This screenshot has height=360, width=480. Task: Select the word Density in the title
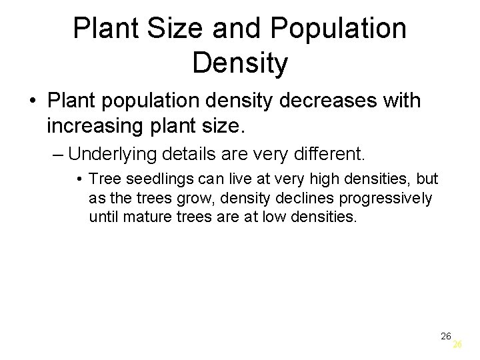click(x=240, y=63)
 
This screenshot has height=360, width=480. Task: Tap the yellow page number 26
click(x=457, y=345)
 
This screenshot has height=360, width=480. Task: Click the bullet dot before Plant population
click(x=32, y=102)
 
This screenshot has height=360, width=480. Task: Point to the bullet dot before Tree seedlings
click(x=79, y=179)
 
